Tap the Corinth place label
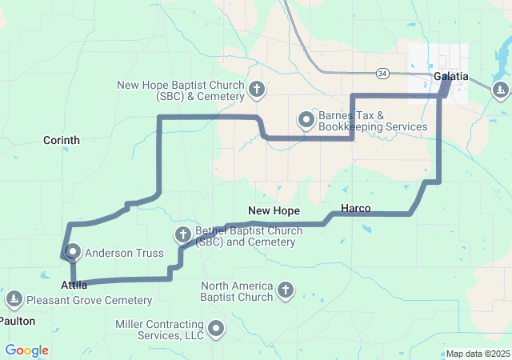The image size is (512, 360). [62, 140]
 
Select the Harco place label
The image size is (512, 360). [355, 209]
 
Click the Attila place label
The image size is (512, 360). [74, 285]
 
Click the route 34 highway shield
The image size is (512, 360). [383, 74]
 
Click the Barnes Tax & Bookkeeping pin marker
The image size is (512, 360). [306, 120]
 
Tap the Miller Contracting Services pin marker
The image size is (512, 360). [217, 328]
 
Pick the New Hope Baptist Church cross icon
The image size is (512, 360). [257, 89]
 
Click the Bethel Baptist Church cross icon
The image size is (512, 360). [182, 235]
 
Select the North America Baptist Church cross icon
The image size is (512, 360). [286, 290]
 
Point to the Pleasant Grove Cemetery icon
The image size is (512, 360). [14, 299]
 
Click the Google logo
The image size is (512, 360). [27, 350]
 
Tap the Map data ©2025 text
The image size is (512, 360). [477, 354]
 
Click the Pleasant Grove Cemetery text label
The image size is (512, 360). [89, 301]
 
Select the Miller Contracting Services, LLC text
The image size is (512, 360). [160, 330]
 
